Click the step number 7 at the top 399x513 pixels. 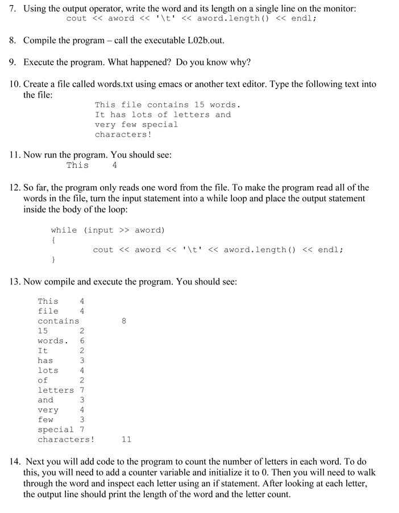[x=13, y=9]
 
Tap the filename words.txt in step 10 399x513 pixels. [x=123, y=84]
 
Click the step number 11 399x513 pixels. [x=14, y=154]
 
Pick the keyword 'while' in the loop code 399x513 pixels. [x=64, y=230]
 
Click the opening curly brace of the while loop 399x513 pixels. [x=53, y=239]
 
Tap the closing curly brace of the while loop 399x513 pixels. [x=53, y=259]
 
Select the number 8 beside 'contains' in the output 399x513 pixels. [x=124, y=321]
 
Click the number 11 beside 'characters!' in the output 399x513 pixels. [x=126, y=439]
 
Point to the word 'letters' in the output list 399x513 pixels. [x=56, y=390]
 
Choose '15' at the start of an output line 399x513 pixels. [x=43, y=331]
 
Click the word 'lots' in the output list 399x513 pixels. [x=48, y=371]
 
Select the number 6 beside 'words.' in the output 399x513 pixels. [x=82, y=341]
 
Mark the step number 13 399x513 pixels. [x=14, y=281]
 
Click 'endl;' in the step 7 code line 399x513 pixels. [x=304, y=18]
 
